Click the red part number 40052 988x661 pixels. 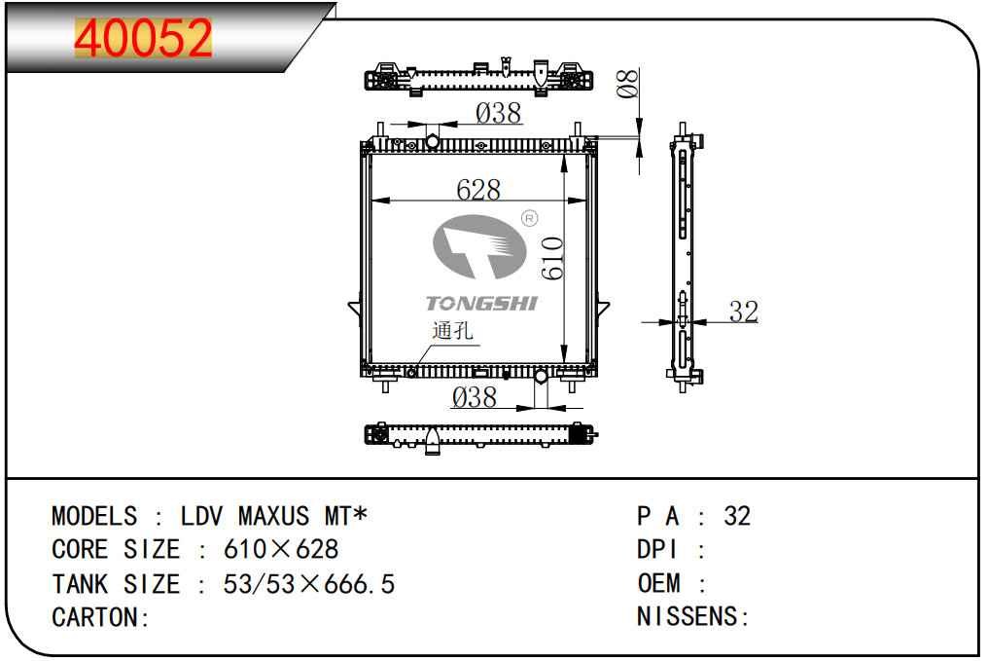[143, 39]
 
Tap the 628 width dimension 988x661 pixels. [478, 189]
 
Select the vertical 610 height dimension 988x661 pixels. [552, 258]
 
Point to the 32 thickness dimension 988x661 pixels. [744, 312]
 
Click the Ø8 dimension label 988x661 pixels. [627, 84]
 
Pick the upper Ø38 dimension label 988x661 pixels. [499, 114]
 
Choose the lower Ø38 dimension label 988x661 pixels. [475, 397]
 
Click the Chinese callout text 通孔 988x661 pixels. [452, 331]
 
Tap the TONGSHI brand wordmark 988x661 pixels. [481, 304]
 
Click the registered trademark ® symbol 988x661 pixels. [529, 218]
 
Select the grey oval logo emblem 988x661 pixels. [479, 246]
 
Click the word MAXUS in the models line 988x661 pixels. [273, 517]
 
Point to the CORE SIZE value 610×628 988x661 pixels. [281, 549]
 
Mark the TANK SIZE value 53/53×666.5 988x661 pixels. [309, 584]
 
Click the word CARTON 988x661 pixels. [95, 617]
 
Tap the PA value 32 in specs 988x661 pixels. [737, 517]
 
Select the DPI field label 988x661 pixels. [657, 549]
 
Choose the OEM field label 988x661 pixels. [659, 583]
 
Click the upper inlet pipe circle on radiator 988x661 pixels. [432, 141]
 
